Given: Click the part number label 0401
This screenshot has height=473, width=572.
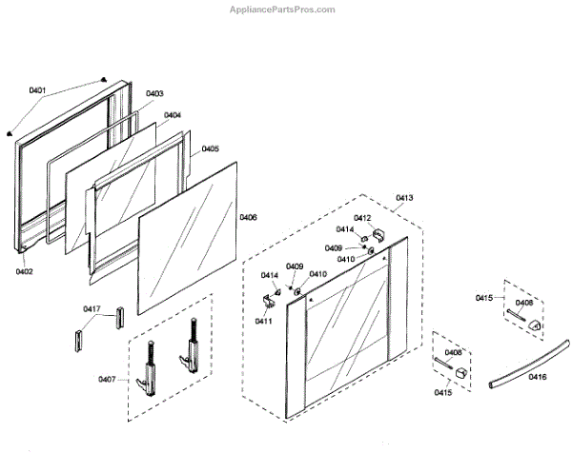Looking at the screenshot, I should pyautogui.click(x=37, y=90).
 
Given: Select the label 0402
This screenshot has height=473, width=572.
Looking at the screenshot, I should pyautogui.click(x=25, y=271).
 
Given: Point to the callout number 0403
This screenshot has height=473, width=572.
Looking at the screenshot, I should pyautogui.click(x=154, y=93).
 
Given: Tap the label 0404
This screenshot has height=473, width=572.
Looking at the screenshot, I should pyautogui.click(x=173, y=115).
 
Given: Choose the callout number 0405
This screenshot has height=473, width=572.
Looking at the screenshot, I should pyautogui.click(x=210, y=148).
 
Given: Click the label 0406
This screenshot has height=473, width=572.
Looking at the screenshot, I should pyautogui.click(x=248, y=217).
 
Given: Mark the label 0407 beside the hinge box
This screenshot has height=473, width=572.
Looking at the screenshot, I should pyautogui.click(x=106, y=380).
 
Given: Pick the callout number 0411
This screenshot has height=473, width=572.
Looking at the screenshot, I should pyautogui.click(x=261, y=321).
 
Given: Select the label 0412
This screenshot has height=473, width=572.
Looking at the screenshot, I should pyautogui.click(x=362, y=218).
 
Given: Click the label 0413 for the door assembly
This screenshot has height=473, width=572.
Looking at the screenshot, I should pyautogui.click(x=404, y=198).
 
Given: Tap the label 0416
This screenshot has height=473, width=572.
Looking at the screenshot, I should pyautogui.click(x=539, y=378).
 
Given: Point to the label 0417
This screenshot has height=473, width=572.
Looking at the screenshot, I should pyautogui.click(x=92, y=308).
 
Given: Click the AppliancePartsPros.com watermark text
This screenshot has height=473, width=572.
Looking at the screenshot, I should pyautogui.click(x=283, y=10).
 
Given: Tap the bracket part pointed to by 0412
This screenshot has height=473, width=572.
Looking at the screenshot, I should pyautogui.click(x=377, y=233).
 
